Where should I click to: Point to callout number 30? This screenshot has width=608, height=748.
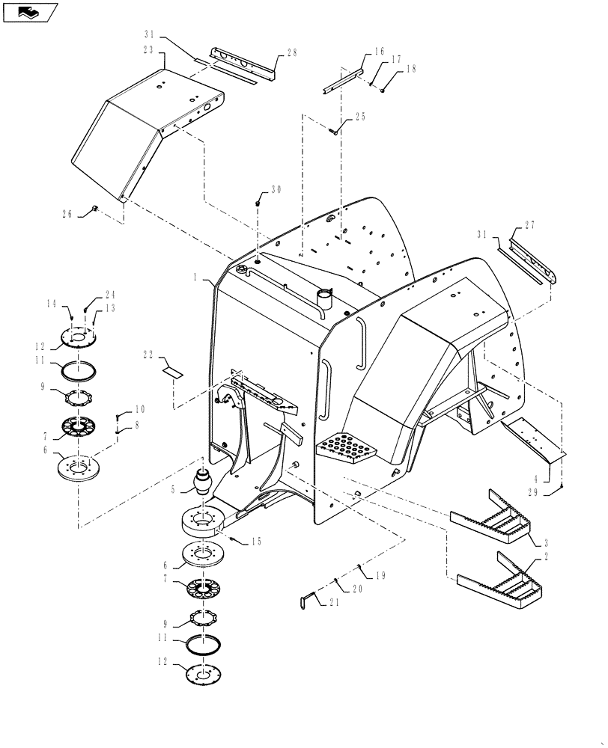pyautogui.click(x=276, y=190)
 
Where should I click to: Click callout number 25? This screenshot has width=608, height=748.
pyautogui.click(x=360, y=117)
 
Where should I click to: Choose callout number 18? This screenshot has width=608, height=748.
pyautogui.click(x=410, y=69)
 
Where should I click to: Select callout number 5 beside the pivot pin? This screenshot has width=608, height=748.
pyautogui.click(x=174, y=490)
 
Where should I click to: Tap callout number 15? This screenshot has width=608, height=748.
pyautogui.click(x=255, y=541)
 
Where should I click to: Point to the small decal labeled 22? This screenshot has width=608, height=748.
pyautogui.click(x=172, y=370)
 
